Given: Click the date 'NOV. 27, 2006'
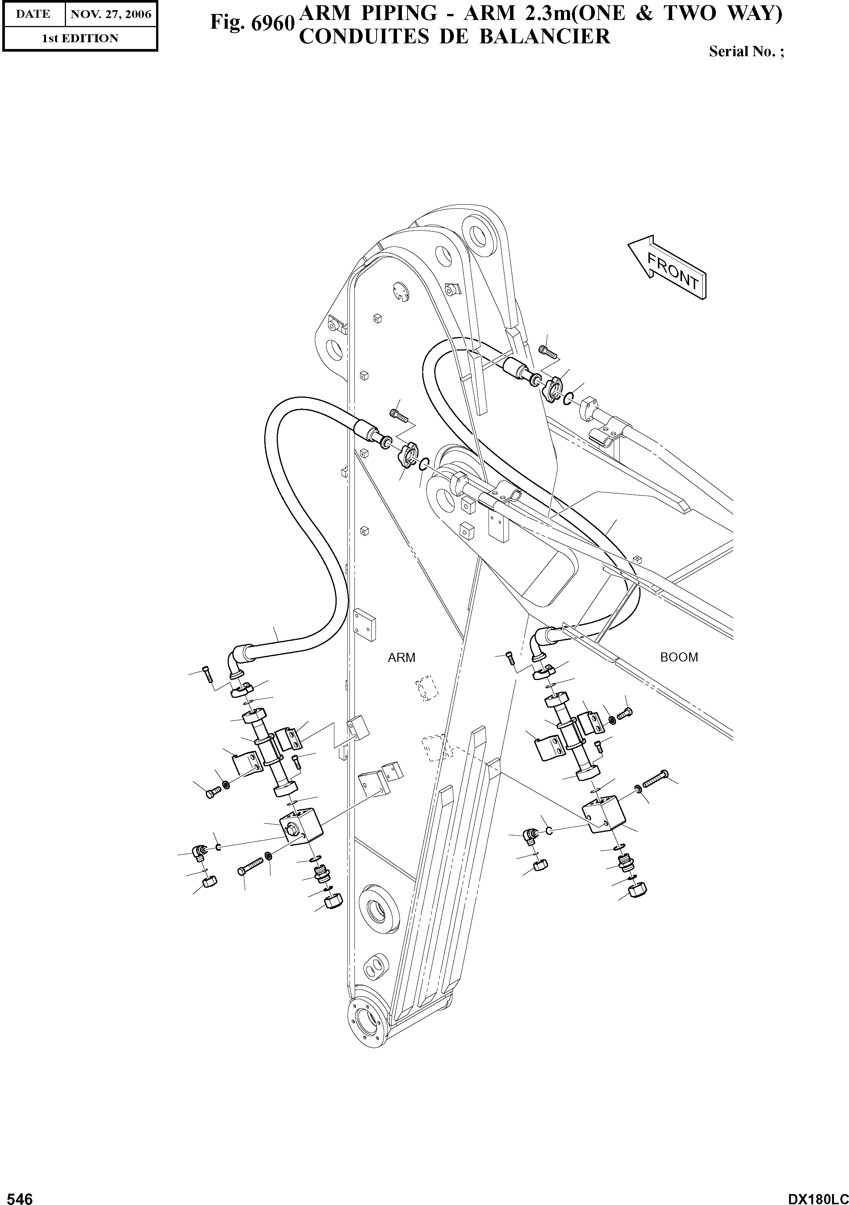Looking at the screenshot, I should point(111,14).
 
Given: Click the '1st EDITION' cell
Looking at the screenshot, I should point(80,38).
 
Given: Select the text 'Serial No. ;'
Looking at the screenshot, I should point(746,51).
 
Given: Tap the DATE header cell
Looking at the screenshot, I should point(33,14).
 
